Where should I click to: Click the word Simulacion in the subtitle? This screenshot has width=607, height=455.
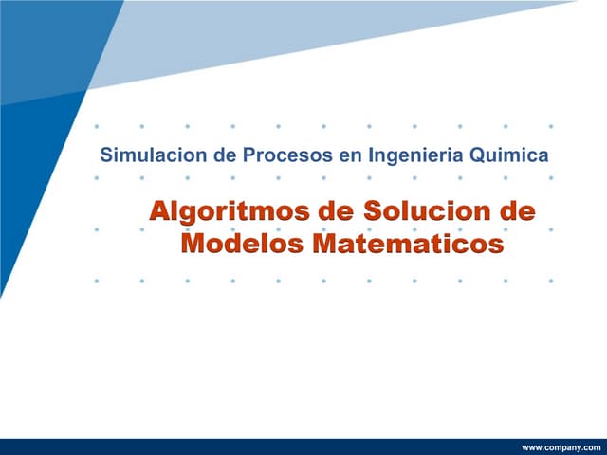tap(152, 154)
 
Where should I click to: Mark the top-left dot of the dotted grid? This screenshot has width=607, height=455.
tap(97, 125)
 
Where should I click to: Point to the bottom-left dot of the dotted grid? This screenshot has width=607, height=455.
tap(97, 281)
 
